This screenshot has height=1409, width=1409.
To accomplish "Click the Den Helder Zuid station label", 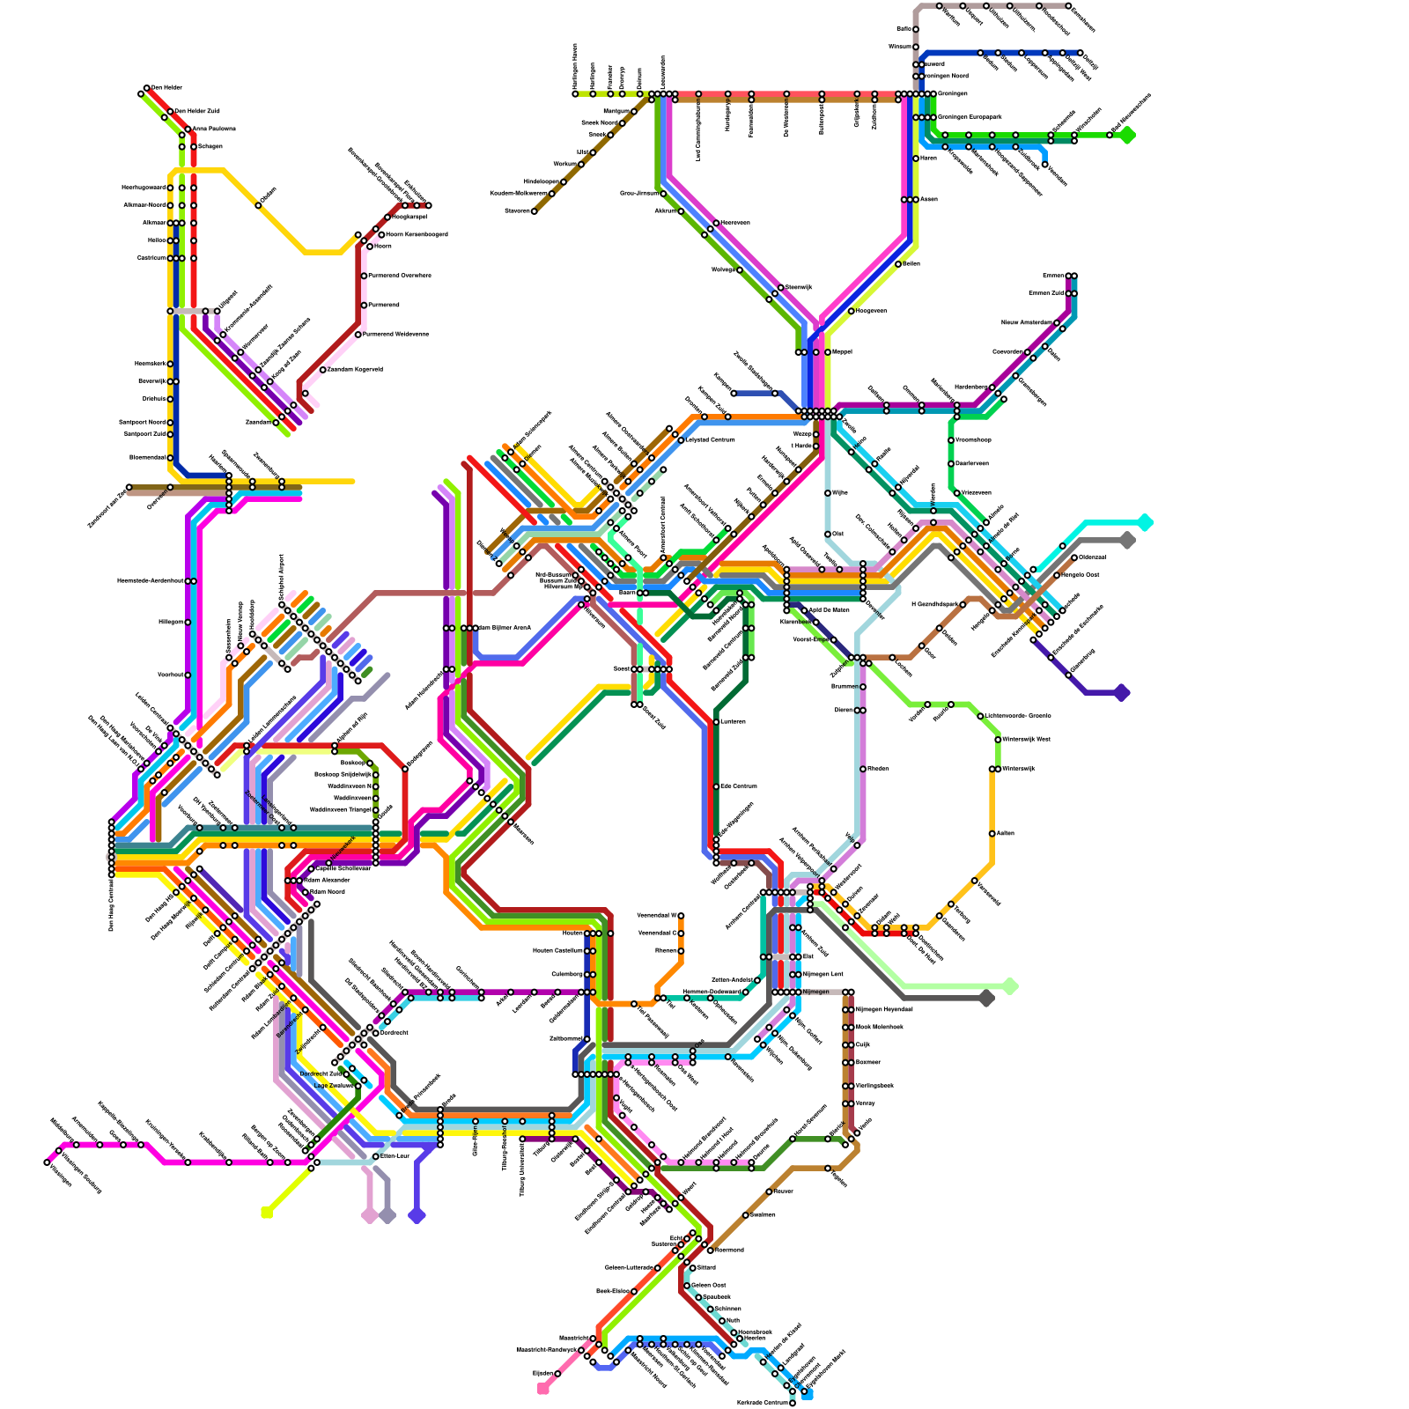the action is pyautogui.click(x=197, y=112).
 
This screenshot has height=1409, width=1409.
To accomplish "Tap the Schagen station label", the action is pyautogui.click(x=210, y=147).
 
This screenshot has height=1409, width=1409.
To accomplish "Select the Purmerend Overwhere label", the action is pyautogui.click(x=400, y=276).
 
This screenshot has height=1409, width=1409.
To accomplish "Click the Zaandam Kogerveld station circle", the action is pyautogui.click(x=323, y=370).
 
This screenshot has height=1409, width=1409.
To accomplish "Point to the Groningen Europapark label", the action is pyautogui.click(x=970, y=117).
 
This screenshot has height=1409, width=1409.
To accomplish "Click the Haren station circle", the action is pyautogui.click(x=916, y=159).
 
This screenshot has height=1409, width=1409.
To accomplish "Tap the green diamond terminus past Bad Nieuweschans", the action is pyautogui.click(x=1127, y=135).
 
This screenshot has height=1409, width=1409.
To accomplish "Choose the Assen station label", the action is pyautogui.click(x=929, y=199).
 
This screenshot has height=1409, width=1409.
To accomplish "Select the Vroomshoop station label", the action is pyautogui.click(x=973, y=439).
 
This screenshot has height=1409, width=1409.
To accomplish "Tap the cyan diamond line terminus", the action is pyautogui.click(x=1145, y=522).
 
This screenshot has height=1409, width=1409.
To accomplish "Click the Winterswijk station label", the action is pyautogui.click(x=1018, y=769).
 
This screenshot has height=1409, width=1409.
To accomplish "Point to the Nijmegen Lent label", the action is pyautogui.click(x=823, y=974).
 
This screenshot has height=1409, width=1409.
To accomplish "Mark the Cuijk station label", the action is pyautogui.click(x=863, y=1044).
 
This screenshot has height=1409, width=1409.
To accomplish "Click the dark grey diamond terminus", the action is pyautogui.click(x=986, y=998).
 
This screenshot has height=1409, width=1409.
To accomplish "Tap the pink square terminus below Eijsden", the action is pyautogui.click(x=542, y=1390).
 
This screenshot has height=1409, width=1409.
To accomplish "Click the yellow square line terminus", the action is pyautogui.click(x=266, y=1214).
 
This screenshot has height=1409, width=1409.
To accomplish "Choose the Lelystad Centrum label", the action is pyautogui.click(x=710, y=439).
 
